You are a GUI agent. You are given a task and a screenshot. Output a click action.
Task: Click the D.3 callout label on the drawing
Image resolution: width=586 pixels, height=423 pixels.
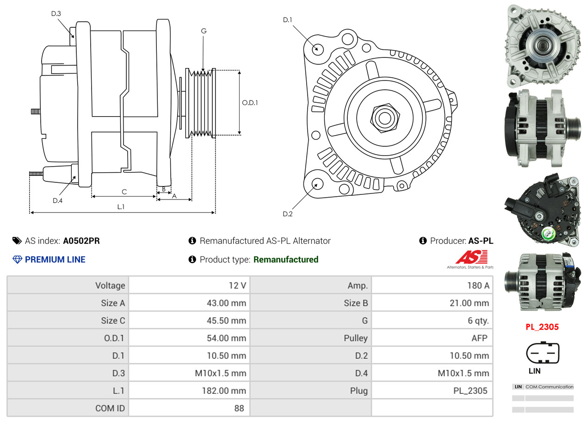pos(56,13)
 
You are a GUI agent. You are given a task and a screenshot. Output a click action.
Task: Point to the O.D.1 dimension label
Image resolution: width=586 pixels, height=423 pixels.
pos(250,103)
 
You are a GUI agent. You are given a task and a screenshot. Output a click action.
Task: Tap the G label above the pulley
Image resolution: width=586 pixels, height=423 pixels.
pos(204,31)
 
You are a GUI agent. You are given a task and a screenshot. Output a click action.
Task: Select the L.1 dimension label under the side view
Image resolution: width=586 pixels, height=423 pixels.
pos(121,207)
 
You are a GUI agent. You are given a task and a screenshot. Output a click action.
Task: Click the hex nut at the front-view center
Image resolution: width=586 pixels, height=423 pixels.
pos(384,117)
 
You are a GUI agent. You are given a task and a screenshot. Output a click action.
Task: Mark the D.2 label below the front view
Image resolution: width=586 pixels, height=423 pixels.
pos(288,214)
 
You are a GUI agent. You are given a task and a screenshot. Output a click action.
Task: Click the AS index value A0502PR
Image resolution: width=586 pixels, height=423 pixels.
pos(81,241)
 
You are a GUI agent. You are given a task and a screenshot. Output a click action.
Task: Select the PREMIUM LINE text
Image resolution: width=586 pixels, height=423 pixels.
pos(55,260)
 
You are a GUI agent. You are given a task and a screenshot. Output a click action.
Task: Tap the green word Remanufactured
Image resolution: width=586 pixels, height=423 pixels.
pos(286,260)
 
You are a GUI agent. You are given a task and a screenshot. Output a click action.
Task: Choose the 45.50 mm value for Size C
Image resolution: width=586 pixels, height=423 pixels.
pos(226,320)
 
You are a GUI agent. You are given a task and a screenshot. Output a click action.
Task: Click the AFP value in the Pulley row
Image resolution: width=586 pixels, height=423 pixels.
pos(479,338)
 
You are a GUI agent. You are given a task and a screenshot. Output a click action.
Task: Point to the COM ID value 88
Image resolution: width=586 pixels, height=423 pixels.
pos(239,408)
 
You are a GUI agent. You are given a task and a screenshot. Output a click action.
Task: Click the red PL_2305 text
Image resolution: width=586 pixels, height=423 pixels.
pos(542,327)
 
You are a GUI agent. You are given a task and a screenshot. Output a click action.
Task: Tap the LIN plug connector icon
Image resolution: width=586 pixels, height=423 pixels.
pos(543,354)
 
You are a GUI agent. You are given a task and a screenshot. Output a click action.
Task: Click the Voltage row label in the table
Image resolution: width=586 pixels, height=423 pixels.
pos(110,285)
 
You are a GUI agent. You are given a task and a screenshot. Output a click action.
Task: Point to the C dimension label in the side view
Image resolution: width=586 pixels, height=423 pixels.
pos(124,192)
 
